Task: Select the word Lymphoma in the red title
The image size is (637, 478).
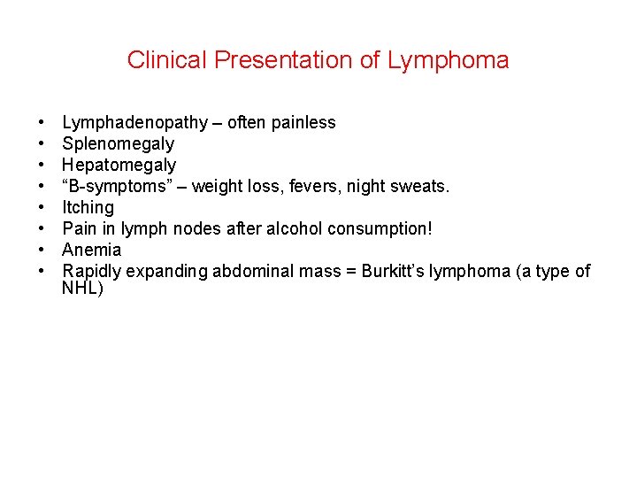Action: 449,60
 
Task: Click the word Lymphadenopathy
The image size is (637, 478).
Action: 134,123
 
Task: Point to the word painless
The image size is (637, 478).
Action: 303,123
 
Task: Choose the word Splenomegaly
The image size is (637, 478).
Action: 118,144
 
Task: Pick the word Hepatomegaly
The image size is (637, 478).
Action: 119,166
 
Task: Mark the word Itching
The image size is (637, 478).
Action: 88,208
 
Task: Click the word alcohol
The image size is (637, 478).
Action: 294,229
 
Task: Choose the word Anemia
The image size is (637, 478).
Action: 91,251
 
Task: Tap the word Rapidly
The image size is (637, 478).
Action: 92,272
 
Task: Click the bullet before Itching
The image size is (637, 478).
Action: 42,208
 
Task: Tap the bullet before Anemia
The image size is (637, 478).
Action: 42,251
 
